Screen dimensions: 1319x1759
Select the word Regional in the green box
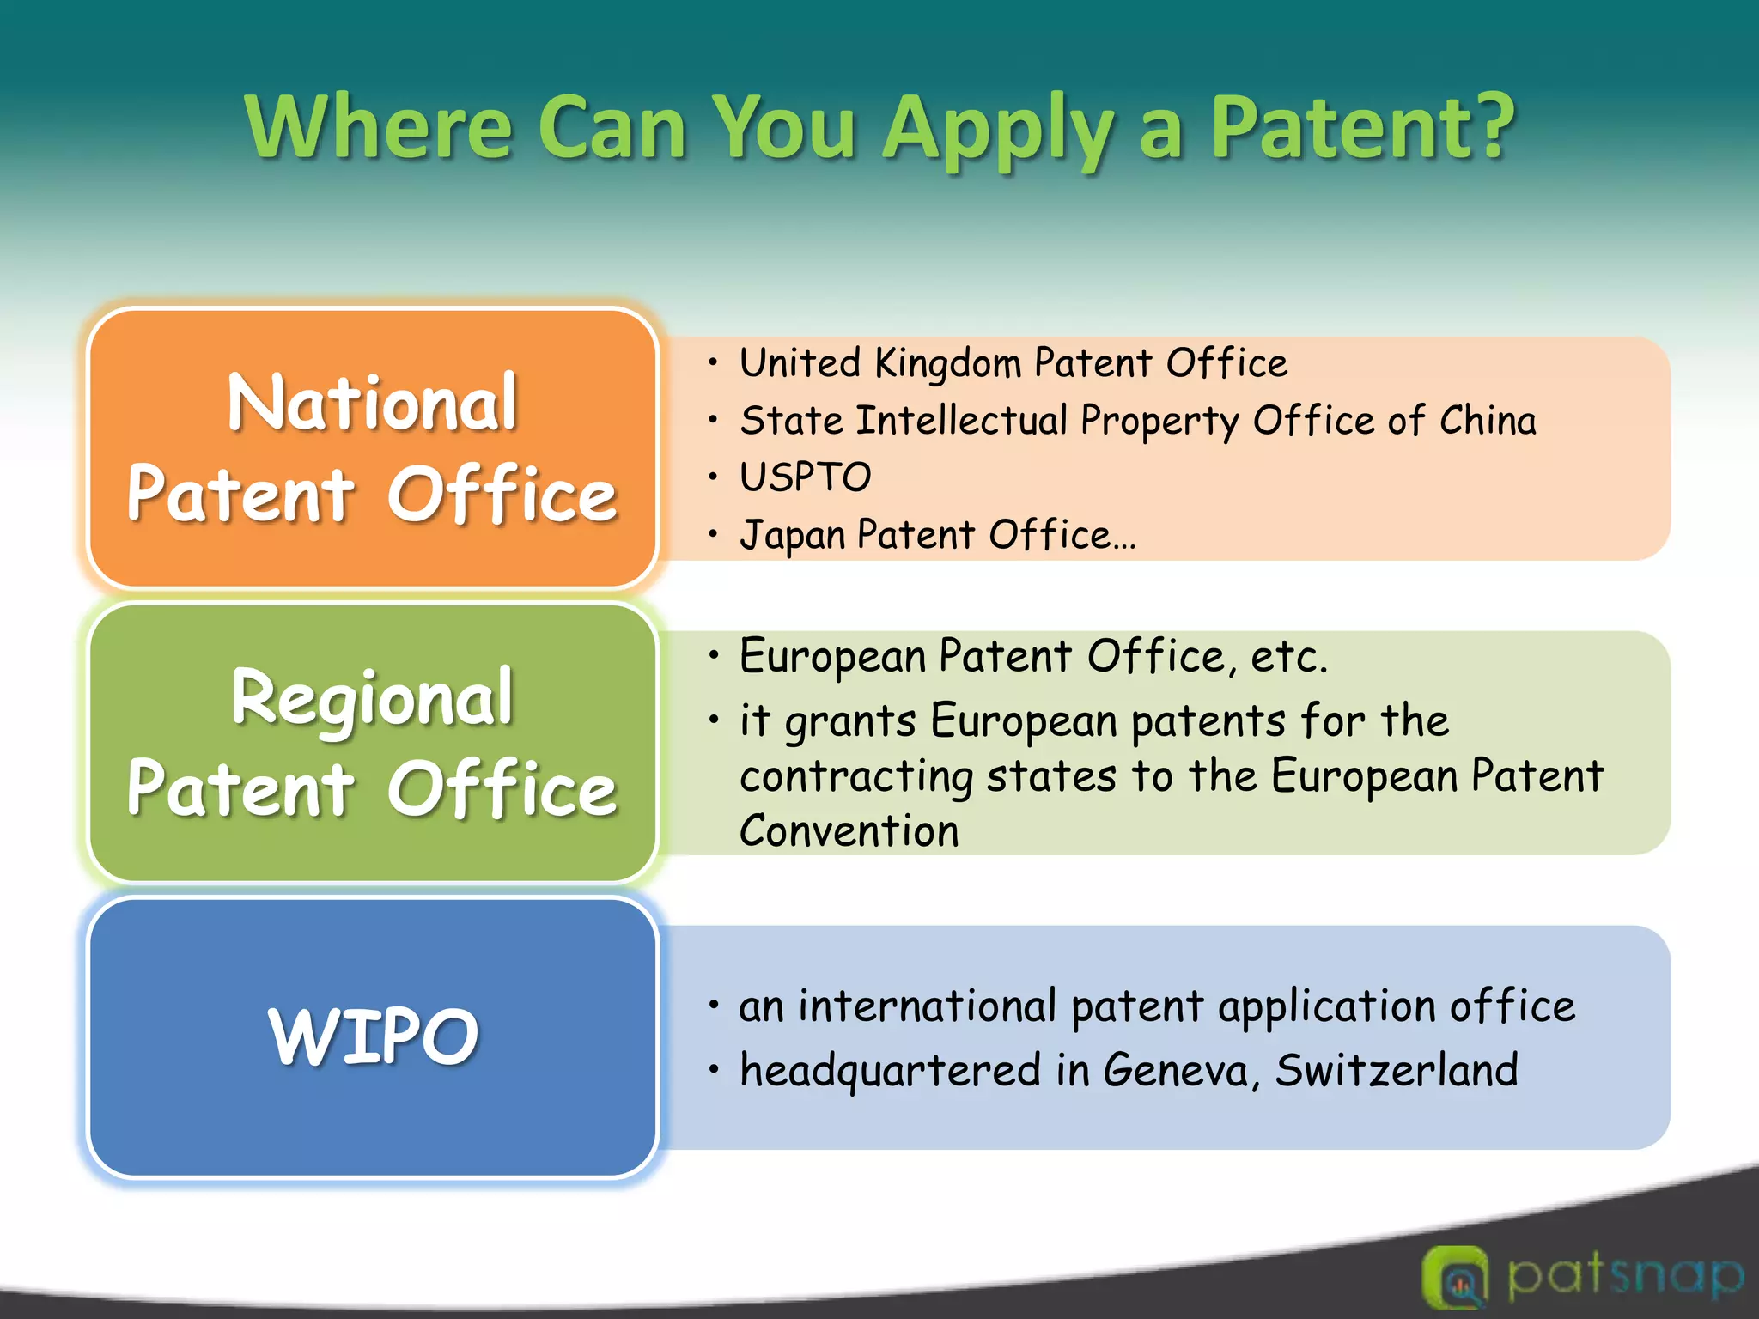click(x=372, y=698)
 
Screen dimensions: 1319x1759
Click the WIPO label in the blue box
click(x=373, y=1036)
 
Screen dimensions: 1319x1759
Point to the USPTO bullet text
click(x=806, y=477)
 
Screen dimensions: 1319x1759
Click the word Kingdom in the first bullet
click(x=948, y=363)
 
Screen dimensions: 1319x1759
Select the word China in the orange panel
click(x=1488, y=421)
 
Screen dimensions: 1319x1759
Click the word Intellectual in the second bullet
click(x=962, y=421)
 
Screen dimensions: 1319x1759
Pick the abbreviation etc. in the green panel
click(x=1288, y=657)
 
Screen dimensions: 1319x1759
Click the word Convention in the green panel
click(x=849, y=831)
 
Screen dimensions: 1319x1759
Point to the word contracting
click(x=855, y=776)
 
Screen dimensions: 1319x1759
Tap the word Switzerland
click(x=1396, y=1071)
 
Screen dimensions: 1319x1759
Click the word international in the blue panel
click(x=927, y=1006)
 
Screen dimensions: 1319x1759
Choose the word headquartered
click(x=891, y=1071)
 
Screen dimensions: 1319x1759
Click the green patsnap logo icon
click(x=1455, y=1277)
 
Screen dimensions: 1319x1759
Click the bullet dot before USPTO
click(x=712, y=477)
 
